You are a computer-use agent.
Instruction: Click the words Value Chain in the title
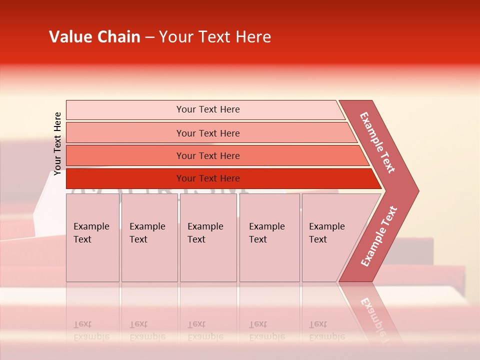(94, 37)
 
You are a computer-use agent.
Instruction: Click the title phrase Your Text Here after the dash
(215, 37)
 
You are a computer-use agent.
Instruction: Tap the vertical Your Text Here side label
(57, 143)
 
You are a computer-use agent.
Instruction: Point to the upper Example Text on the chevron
(377, 142)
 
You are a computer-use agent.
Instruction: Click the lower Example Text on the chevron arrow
(379, 236)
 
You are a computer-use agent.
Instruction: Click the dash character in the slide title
(149, 37)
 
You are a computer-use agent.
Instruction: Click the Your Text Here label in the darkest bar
(208, 178)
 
